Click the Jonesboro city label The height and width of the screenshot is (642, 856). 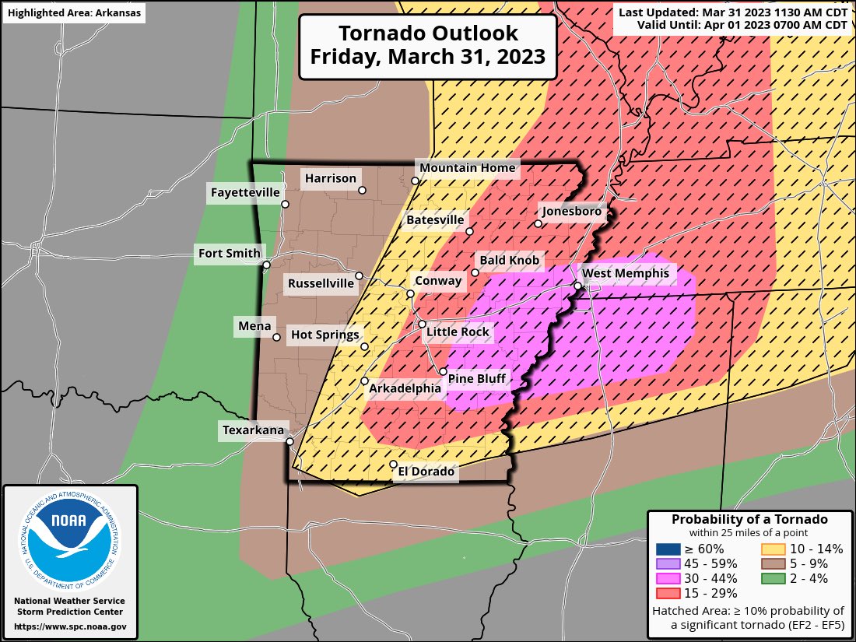(x=570, y=211)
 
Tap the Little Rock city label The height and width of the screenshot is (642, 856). (x=458, y=332)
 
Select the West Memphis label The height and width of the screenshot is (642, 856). (x=625, y=273)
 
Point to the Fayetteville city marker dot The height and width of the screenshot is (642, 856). (x=286, y=204)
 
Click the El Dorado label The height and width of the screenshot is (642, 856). (x=426, y=471)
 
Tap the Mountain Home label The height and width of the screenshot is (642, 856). (x=467, y=167)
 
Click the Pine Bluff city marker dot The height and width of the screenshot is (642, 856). (x=443, y=372)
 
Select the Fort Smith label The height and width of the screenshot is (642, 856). (x=230, y=253)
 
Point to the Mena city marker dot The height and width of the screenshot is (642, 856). (x=276, y=337)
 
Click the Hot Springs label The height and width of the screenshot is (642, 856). (x=325, y=335)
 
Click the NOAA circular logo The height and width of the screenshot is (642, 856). (x=69, y=536)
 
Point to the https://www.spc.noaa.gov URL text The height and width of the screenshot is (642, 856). (x=69, y=626)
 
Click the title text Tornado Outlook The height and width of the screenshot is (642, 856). (x=427, y=33)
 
